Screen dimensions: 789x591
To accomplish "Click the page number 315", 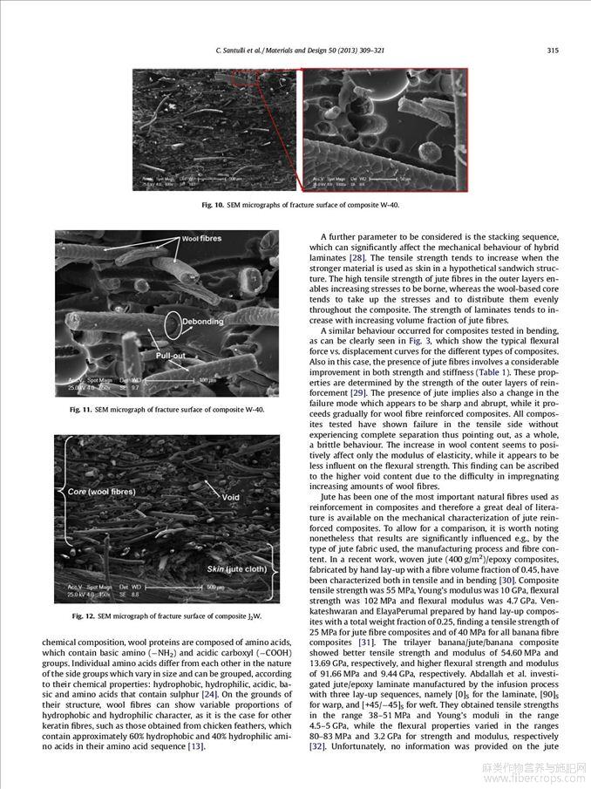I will pyautogui.click(x=552, y=50).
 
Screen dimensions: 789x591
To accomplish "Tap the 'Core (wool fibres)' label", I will pyautogui.click(x=101, y=491).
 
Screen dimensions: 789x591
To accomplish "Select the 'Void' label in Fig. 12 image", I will pyautogui.click(x=230, y=498).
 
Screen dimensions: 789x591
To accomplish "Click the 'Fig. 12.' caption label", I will pyautogui.click(x=85, y=616).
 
